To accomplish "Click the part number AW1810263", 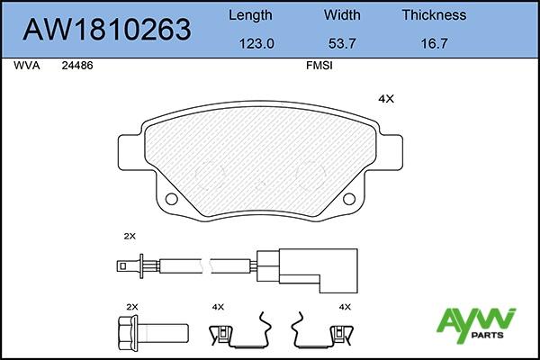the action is click(107, 30).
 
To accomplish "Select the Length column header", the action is click(250, 15).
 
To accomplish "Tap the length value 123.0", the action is click(256, 44).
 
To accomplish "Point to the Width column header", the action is click(342, 15).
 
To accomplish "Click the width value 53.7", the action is click(342, 44).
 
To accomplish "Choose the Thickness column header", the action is click(435, 15).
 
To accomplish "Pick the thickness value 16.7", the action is click(435, 44).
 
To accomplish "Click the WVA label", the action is click(27, 66).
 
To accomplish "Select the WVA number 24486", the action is click(77, 66).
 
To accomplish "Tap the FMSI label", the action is click(319, 66).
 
